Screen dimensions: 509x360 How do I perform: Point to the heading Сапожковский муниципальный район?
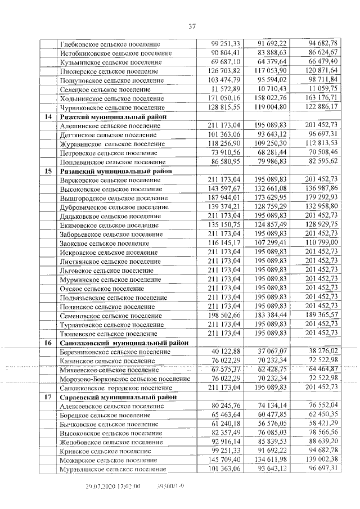[124, 342]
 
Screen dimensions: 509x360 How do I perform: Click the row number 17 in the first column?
[48, 397]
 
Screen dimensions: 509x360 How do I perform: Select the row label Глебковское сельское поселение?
[110, 44]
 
